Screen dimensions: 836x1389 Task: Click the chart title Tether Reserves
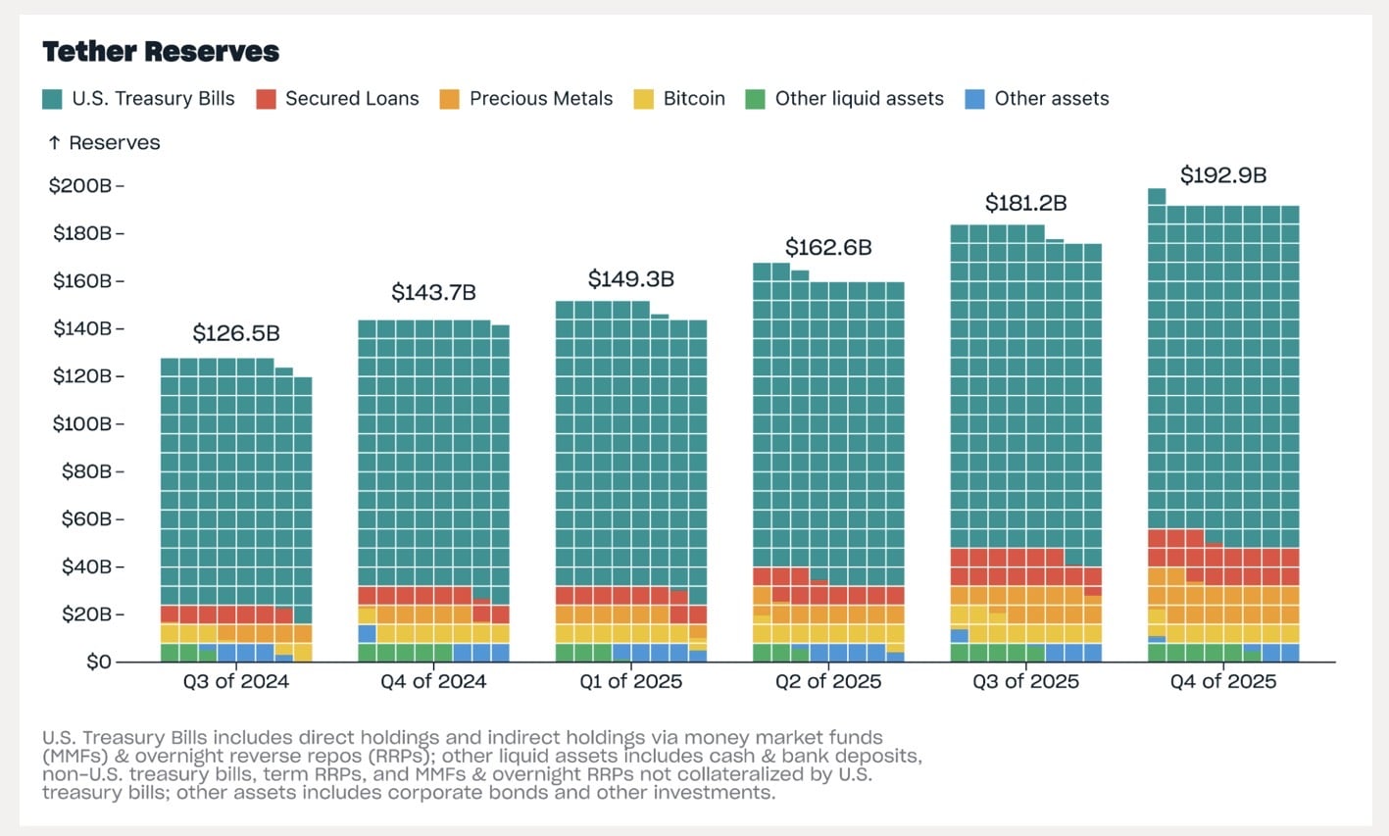pos(161,52)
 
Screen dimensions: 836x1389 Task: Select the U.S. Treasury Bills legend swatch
pos(53,99)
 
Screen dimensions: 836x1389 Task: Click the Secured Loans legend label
pos(351,99)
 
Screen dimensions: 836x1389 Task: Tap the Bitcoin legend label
pos(694,99)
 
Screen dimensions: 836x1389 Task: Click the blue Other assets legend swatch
pos(974,99)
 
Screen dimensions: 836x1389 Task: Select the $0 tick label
pos(99,662)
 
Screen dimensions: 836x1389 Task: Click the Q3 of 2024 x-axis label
pos(236,682)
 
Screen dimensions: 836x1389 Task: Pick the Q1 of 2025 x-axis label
pos(630,682)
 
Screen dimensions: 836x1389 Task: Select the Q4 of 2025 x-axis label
pos(1222,682)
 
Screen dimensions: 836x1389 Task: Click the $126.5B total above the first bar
pos(236,333)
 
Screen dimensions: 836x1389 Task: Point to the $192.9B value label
pos(1222,175)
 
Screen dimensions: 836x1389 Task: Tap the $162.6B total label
pos(828,247)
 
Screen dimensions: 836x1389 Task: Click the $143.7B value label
pos(433,292)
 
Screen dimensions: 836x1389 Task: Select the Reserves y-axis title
pos(114,143)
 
